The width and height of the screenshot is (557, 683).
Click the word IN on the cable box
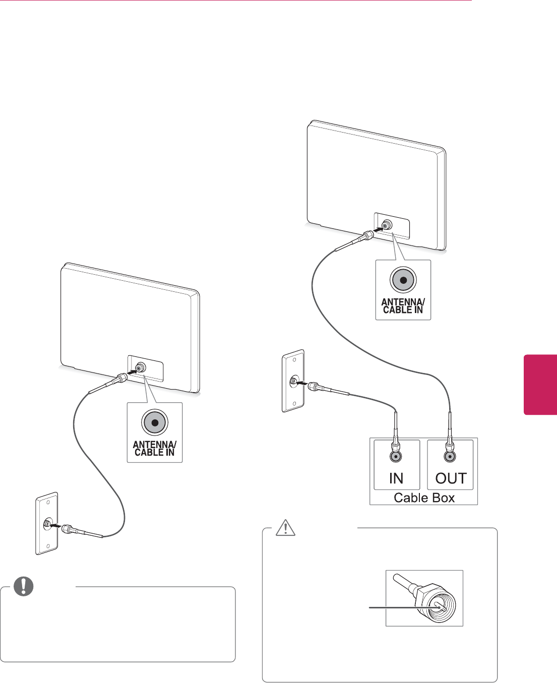pyautogui.click(x=396, y=478)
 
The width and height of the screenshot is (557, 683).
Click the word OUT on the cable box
pyautogui.click(x=451, y=478)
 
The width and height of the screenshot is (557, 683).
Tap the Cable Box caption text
pyautogui.click(x=424, y=498)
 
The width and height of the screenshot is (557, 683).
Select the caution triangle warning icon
pyautogui.click(x=285, y=527)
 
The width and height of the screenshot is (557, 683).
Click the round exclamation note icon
pyautogui.click(x=23, y=586)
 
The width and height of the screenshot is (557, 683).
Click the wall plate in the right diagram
pyautogui.click(x=293, y=381)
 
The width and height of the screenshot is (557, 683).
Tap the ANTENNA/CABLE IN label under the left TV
pyautogui.click(x=154, y=448)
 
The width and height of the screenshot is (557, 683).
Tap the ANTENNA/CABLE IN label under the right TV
pyautogui.click(x=403, y=306)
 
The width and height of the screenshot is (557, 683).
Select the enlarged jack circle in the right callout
pyautogui.click(x=403, y=280)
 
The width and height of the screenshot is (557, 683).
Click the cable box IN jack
pyautogui.click(x=396, y=457)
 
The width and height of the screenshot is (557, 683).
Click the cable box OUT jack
pyautogui.click(x=450, y=457)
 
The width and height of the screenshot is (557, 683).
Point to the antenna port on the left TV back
pyautogui.click(x=139, y=367)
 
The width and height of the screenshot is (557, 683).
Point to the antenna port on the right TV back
pyautogui.click(x=387, y=225)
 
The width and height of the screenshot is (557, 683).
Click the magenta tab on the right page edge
pyautogui.click(x=540, y=385)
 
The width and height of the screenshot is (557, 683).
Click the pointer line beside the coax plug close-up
pyautogui.click(x=393, y=608)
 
